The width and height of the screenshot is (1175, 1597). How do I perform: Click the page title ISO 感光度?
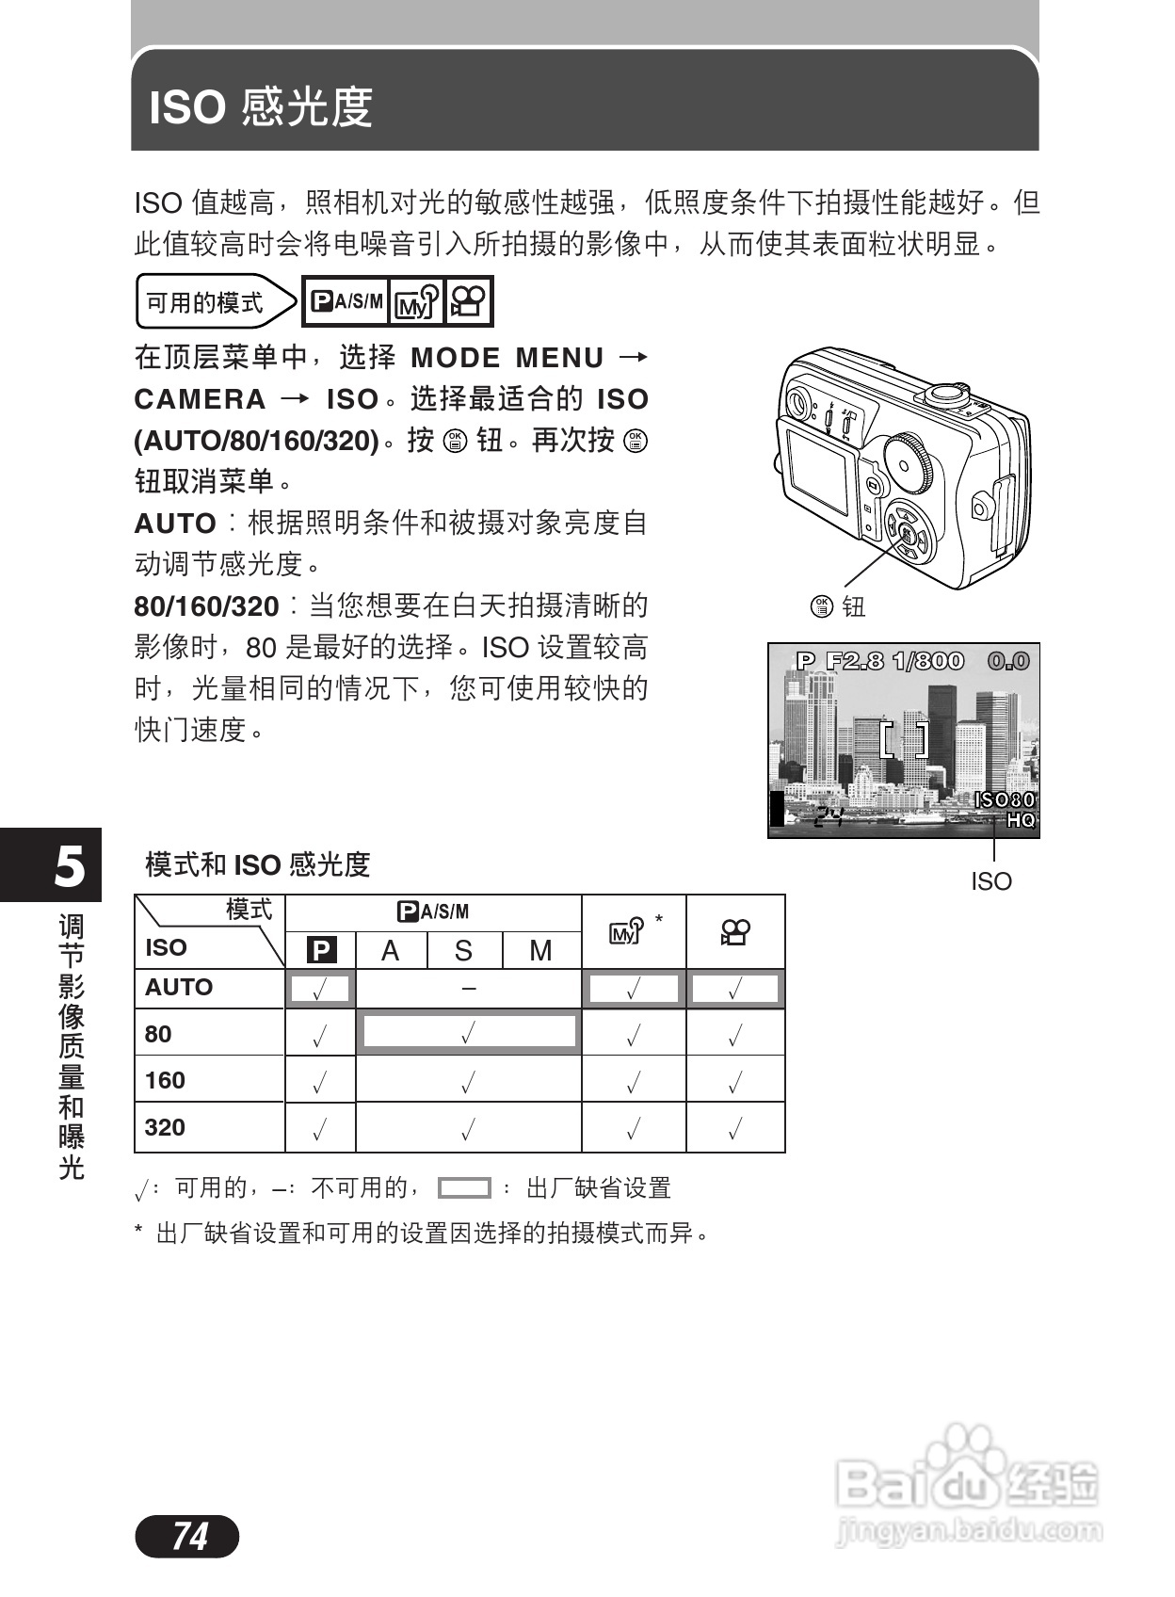tap(261, 106)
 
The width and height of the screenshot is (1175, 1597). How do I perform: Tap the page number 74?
tap(188, 1537)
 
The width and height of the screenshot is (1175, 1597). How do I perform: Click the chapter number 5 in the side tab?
tap(69, 865)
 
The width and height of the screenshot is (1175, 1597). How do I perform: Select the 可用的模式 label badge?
tap(205, 302)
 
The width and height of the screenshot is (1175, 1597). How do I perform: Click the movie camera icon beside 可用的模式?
tap(468, 301)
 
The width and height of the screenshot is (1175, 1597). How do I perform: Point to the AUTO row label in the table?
tap(179, 987)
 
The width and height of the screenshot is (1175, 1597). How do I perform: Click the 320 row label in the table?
tap(166, 1127)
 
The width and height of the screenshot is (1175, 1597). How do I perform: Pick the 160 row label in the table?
tap(166, 1080)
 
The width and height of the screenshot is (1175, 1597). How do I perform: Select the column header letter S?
tap(463, 951)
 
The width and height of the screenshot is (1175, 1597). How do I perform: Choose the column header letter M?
tap(540, 951)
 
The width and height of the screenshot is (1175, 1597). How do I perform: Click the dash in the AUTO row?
tap(469, 988)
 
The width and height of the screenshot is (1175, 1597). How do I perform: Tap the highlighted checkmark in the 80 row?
tap(468, 1033)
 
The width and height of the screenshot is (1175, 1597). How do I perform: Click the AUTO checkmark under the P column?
tap(320, 990)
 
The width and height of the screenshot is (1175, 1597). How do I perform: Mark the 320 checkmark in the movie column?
tap(735, 1128)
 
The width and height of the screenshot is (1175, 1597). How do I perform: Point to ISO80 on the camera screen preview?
tap(1004, 799)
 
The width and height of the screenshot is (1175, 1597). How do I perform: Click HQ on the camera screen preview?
tap(1021, 820)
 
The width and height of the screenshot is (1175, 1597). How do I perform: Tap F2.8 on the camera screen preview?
tap(855, 661)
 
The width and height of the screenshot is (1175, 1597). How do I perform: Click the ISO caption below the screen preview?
tap(991, 881)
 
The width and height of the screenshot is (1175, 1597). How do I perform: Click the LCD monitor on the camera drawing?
tap(817, 467)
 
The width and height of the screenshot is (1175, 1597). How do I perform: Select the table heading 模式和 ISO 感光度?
tap(257, 864)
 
